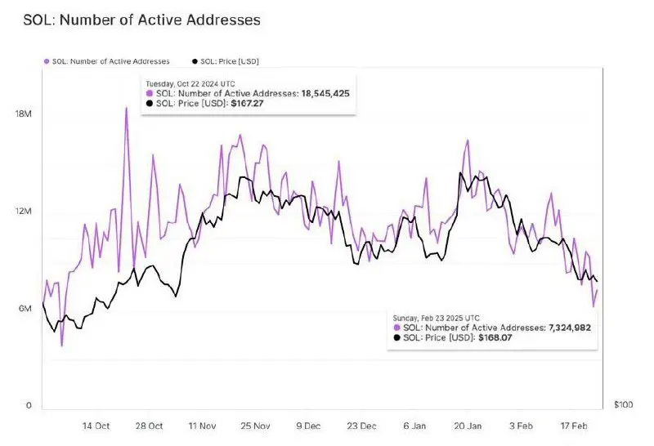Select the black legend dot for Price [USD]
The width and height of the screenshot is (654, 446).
pyautogui.click(x=193, y=61)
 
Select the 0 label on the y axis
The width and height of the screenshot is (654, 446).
pyautogui.click(x=28, y=405)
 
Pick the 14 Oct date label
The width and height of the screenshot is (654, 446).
pyautogui.click(x=97, y=426)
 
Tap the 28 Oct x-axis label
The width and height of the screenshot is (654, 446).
pyautogui.click(x=150, y=426)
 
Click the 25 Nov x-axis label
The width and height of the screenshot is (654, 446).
pyautogui.click(x=255, y=426)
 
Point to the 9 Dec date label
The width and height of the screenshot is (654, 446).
pyautogui.click(x=309, y=426)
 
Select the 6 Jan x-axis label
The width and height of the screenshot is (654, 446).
pyautogui.click(x=414, y=426)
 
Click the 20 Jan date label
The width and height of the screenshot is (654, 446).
pyautogui.click(x=468, y=426)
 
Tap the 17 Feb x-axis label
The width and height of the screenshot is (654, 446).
pyautogui.click(x=572, y=426)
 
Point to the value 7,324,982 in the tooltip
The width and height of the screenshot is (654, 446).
pyautogui.click(x=568, y=327)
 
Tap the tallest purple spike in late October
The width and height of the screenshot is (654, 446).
pyautogui.click(x=127, y=109)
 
